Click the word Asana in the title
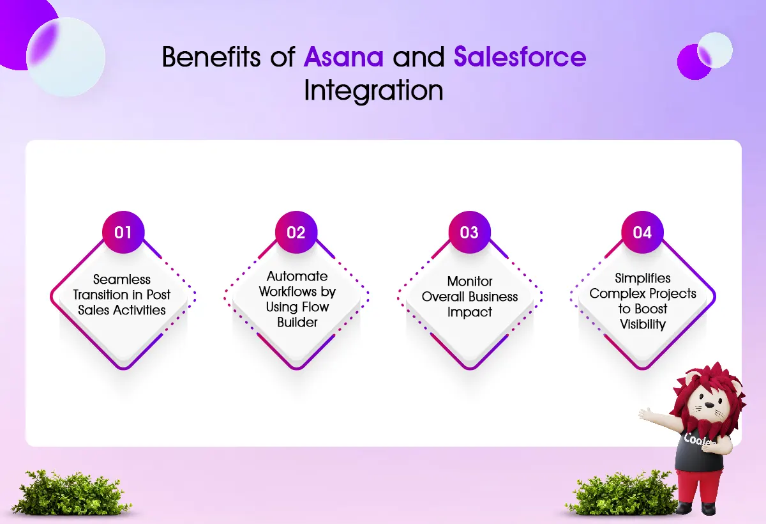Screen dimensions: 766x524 [343, 56]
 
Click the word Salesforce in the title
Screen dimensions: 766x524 [520, 56]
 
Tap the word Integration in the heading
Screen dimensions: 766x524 [373, 90]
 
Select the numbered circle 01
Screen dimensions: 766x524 [123, 233]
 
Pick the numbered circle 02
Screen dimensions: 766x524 [296, 233]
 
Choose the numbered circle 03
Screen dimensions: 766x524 [470, 233]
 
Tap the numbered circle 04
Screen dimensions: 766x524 [643, 233]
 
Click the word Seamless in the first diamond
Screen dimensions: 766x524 [122, 280]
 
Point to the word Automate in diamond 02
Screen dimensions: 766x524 [297, 276]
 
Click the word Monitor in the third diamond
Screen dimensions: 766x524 [470, 281]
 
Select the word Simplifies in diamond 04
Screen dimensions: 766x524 [643, 278]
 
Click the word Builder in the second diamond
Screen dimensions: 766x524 [297, 323]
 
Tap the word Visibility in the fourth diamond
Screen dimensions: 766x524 [643, 325]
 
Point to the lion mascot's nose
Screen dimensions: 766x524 [710, 405]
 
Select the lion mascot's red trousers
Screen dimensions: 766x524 [700, 487]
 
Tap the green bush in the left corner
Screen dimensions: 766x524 [71, 493]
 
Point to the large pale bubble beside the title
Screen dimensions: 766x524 [66, 57]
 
